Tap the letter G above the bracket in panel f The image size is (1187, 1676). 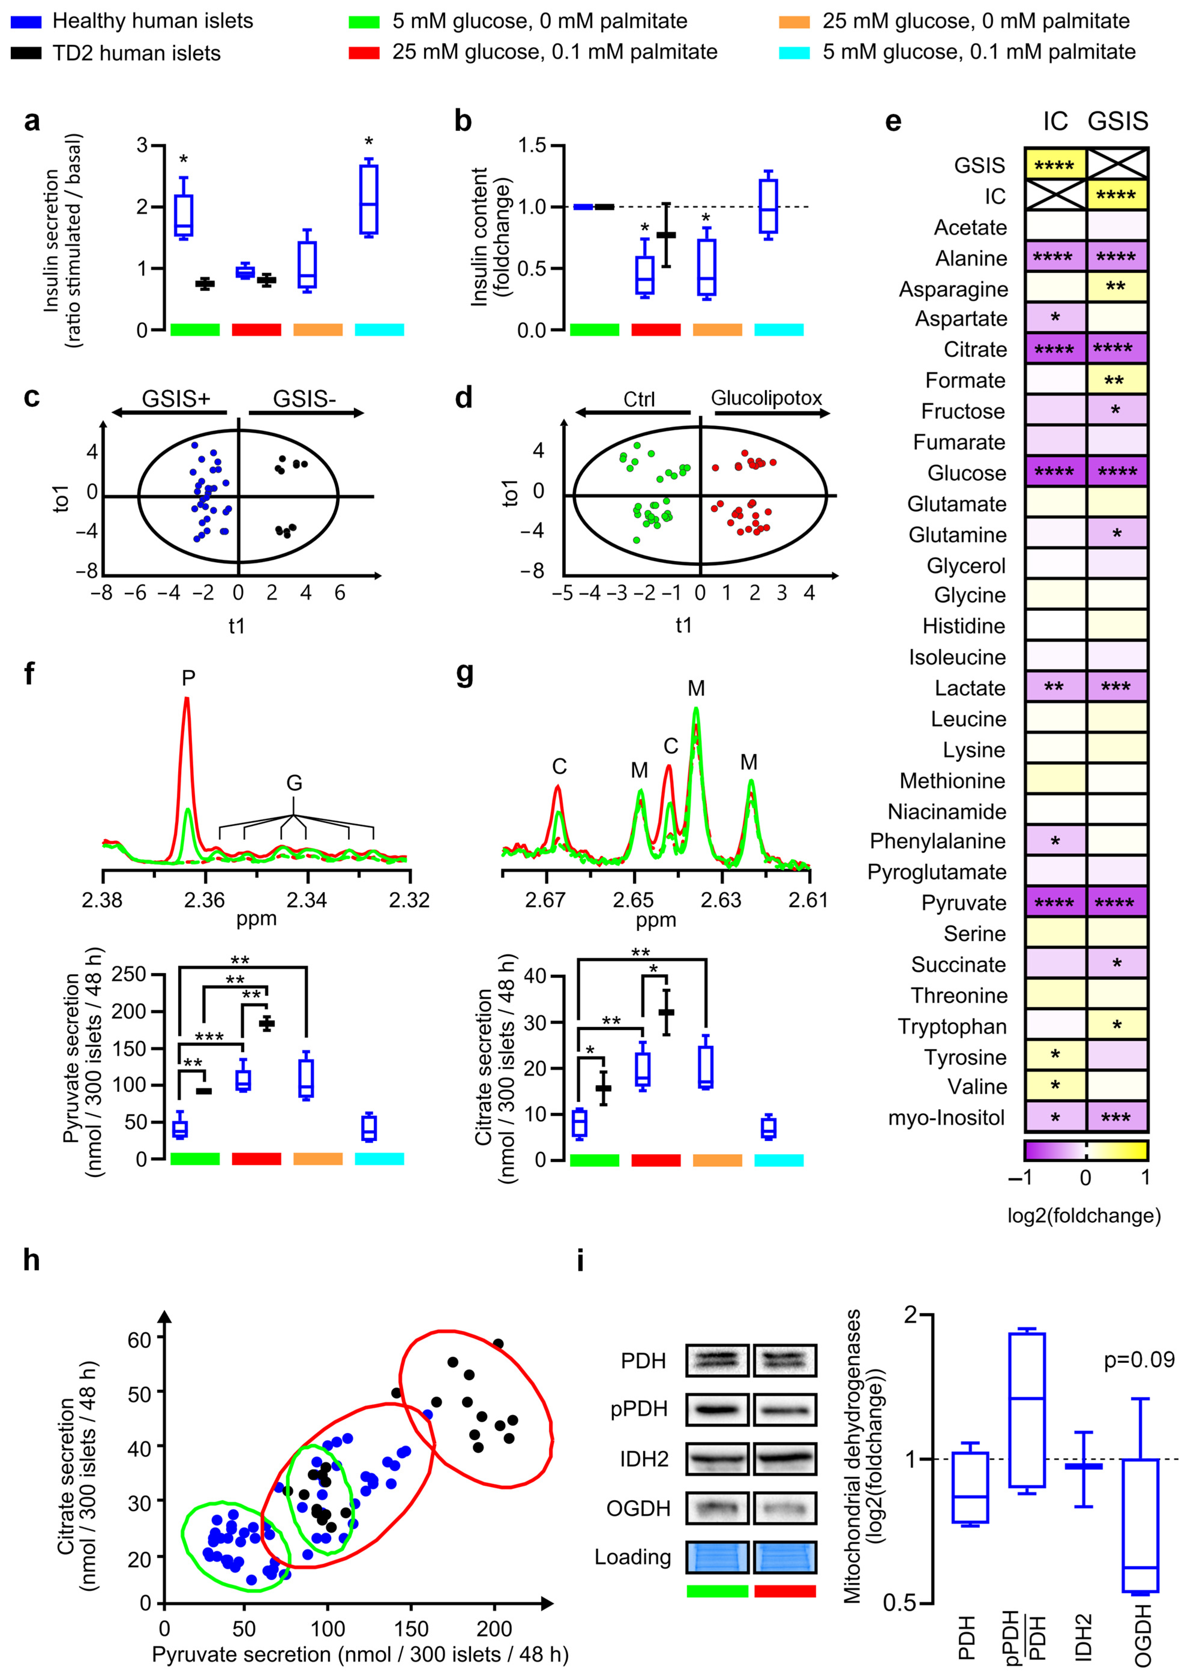pyautogui.click(x=294, y=784)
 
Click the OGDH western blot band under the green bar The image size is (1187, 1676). pyautogui.click(x=717, y=1508)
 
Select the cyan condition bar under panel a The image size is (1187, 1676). pyautogui.click(x=379, y=330)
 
